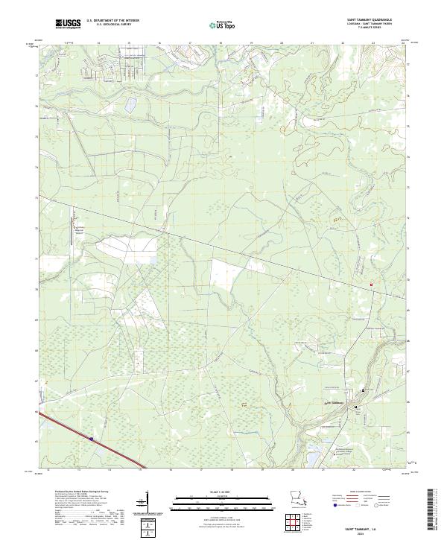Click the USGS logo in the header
tap(69, 25)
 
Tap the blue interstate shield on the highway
tap(92, 439)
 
